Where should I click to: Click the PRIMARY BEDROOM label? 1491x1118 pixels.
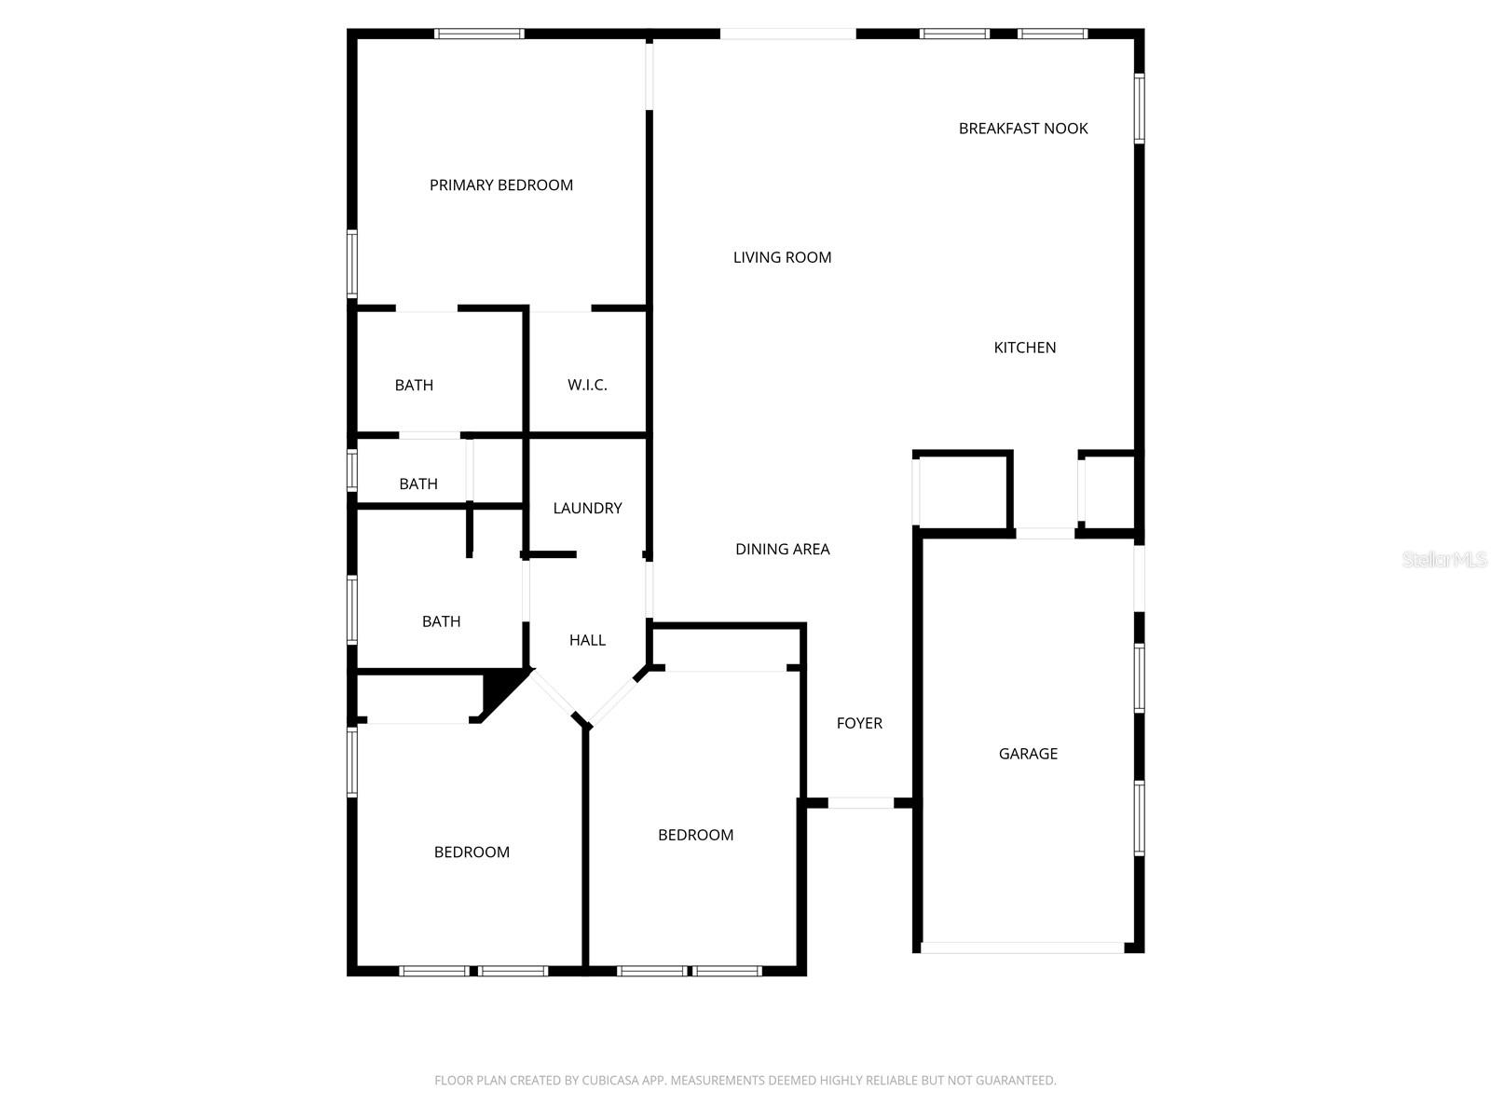(500, 185)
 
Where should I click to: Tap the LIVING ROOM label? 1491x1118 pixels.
(782, 258)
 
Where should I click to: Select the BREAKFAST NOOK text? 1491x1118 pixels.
(1023, 129)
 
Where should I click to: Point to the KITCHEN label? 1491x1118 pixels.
(1024, 348)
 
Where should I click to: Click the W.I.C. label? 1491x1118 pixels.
(587, 385)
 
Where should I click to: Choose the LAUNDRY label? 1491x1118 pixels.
(587, 508)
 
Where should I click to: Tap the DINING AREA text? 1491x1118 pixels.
(782, 550)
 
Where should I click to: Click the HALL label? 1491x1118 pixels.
(587, 640)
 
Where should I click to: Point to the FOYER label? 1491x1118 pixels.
(859, 723)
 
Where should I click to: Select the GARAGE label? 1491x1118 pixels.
(1028, 754)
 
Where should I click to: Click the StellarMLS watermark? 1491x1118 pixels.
(1444, 560)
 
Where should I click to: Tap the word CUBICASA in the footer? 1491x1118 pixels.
(611, 1081)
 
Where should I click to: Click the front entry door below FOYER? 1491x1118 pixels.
(860, 803)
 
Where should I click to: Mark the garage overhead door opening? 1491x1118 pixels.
(1022, 948)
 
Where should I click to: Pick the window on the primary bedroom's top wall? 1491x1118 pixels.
(479, 34)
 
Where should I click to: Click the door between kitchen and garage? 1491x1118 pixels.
(1045, 534)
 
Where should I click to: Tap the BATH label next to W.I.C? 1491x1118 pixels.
(414, 385)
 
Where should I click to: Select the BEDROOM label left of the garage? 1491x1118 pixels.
(695, 835)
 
